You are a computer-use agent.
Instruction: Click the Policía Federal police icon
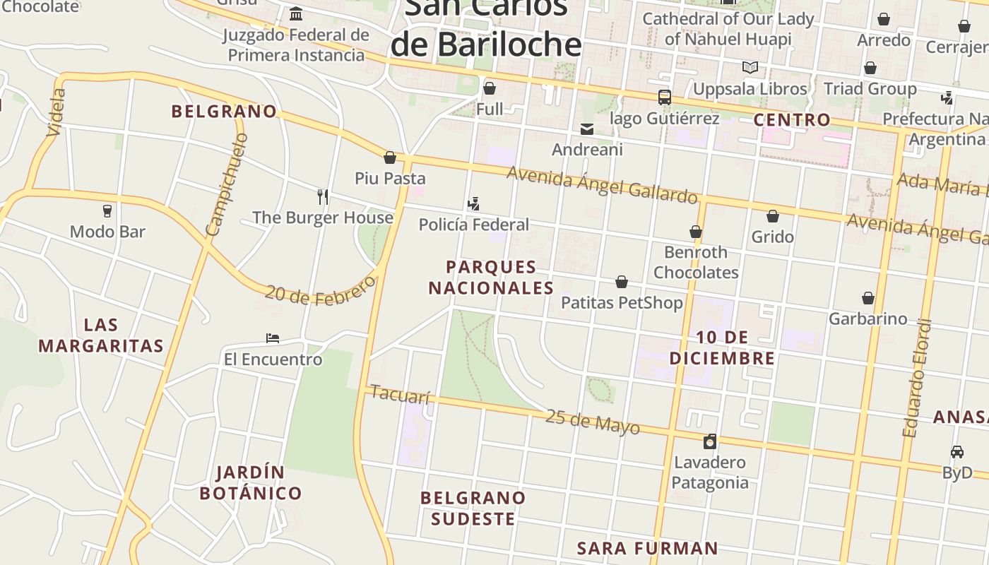click(x=474, y=204)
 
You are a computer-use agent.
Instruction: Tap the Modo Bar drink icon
click(x=107, y=211)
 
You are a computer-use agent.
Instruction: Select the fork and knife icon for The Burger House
click(x=323, y=196)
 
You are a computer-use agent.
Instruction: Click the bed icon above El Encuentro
click(x=273, y=338)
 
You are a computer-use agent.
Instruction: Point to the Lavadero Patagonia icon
click(x=710, y=441)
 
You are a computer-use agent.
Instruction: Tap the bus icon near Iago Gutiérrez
click(x=664, y=97)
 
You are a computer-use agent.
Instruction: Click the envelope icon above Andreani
click(x=587, y=129)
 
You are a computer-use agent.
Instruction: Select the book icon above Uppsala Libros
click(x=750, y=68)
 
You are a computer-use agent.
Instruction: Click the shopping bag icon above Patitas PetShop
click(x=622, y=282)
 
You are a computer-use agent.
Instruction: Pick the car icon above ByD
click(x=957, y=452)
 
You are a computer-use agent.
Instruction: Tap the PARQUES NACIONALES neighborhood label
click(x=491, y=278)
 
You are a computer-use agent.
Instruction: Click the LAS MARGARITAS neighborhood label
click(x=101, y=335)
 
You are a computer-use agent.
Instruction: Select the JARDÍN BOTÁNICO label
click(x=251, y=482)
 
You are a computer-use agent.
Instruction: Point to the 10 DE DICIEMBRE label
click(x=722, y=347)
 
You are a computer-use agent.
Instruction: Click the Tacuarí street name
click(x=400, y=395)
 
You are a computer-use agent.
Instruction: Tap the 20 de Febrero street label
click(x=320, y=291)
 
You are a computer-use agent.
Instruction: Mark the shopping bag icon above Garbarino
click(x=867, y=298)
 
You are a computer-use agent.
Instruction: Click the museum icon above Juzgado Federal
click(x=296, y=14)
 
